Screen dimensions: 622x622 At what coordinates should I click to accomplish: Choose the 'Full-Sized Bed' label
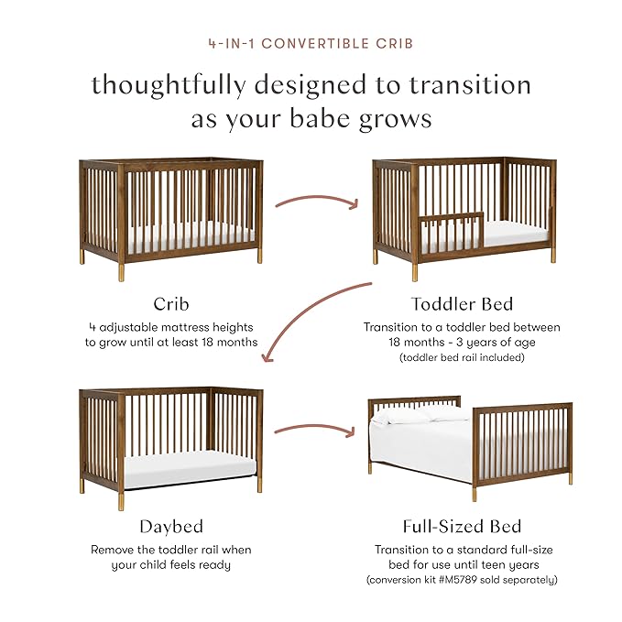click(462, 526)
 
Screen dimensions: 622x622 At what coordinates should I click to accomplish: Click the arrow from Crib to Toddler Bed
click(317, 199)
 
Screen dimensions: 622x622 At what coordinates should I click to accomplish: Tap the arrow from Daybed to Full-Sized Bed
click(314, 429)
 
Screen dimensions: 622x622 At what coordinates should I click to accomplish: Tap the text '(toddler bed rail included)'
click(462, 356)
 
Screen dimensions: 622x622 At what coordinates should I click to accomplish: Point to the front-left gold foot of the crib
click(120, 273)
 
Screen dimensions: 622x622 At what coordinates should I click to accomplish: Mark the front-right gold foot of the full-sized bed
click(475, 494)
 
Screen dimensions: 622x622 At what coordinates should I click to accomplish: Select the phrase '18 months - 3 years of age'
click(462, 342)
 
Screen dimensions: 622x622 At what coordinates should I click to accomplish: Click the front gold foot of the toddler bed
click(414, 272)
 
